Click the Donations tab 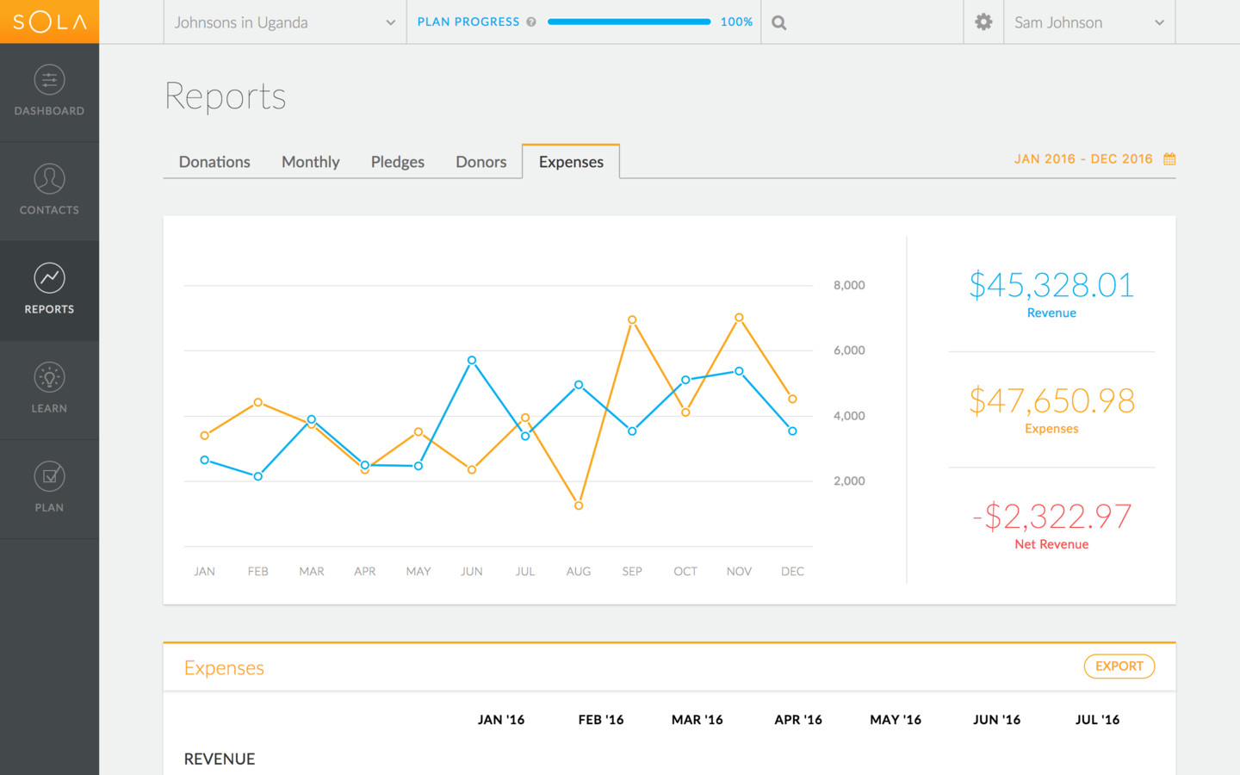coord(214,162)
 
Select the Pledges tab coord(397,162)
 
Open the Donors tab coord(480,162)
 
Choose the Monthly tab coord(310,162)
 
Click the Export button coord(1119,666)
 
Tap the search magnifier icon coord(779,23)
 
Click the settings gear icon coord(983,22)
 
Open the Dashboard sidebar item coord(49,91)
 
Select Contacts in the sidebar coord(49,190)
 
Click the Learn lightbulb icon coord(49,377)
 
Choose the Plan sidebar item coord(49,487)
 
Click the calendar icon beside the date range coord(1169,159)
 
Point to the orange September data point coord(632,320)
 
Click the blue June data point coord(472,361)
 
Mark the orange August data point coord(579,505)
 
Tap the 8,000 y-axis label coord(849,286)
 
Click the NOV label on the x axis coord(739,572)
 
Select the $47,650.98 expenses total coord(1051,401)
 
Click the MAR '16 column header coord(697,720)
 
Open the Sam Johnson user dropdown coord(1088,23)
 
